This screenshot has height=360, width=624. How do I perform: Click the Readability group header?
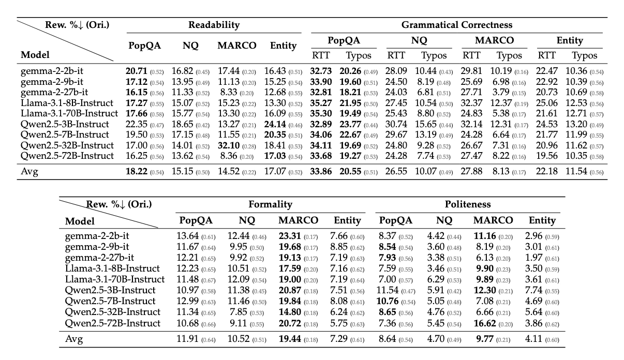(x=214, y=25)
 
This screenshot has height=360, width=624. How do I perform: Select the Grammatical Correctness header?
(x=456, y=25)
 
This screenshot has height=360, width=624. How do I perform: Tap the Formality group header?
(x=270, y=204)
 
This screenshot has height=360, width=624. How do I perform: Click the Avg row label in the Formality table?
(x=74, y=339)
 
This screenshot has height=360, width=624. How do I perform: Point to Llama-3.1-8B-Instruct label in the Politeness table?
(x=112, y=268)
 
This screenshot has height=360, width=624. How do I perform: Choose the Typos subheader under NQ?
(x=434, y=55)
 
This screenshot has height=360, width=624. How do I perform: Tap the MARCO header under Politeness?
(x=493, y=220)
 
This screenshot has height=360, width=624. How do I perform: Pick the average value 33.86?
(x=322, y=171)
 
